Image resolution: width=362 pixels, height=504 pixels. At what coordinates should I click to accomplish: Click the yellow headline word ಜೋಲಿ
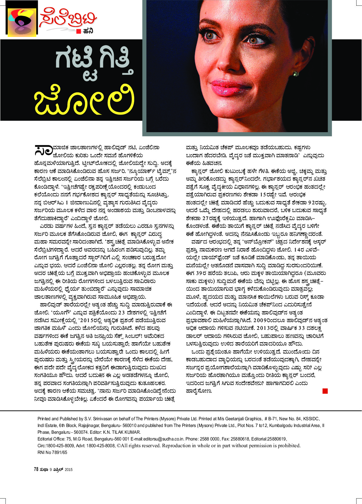pos(84,99)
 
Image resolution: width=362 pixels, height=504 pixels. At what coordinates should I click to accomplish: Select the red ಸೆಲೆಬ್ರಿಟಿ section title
pos(68,19)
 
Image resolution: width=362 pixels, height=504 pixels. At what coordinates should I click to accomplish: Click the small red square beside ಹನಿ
pos(78,31)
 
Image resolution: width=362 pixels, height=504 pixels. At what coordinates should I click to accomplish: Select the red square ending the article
pos(325,391)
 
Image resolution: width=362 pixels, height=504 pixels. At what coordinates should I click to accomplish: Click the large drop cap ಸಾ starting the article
pos(43,150)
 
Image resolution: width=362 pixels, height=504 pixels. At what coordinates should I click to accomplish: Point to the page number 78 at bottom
pos(36,469)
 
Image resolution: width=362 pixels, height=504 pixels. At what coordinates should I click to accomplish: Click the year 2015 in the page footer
pos(68,470)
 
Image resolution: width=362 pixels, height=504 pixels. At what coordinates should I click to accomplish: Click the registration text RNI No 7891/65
pos(52,452)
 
